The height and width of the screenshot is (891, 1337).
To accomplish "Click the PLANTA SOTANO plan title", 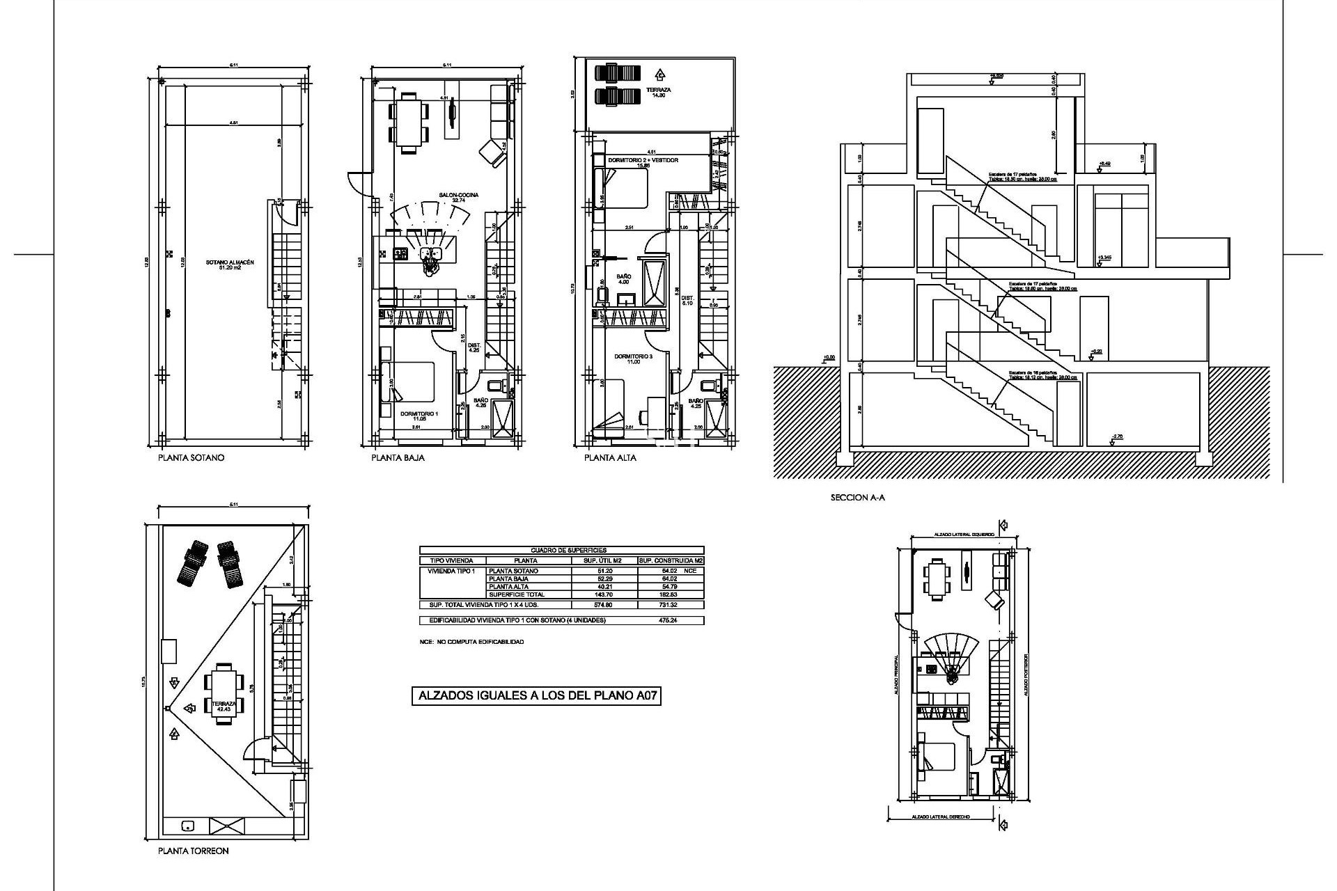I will point(191,458).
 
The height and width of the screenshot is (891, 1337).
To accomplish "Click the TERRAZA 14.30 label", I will point(657,93).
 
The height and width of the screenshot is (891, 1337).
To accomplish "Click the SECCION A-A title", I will point(857,498).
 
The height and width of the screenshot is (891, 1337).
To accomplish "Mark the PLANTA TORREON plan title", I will point(193,851).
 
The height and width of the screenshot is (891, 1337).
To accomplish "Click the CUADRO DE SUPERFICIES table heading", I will point(561,550).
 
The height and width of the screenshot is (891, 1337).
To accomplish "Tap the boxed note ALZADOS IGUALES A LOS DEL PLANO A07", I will point(535,695).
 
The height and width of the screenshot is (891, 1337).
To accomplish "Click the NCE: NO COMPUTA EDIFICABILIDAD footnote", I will point(471,642).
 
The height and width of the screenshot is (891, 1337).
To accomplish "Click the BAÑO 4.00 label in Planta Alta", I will point(623,279).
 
